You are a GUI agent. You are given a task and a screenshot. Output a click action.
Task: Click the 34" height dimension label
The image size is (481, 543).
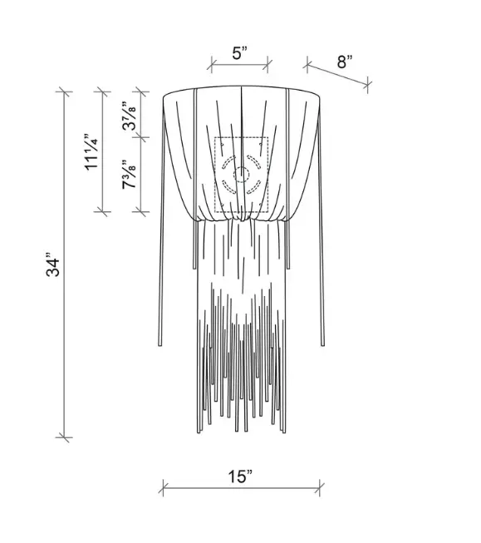(53, 267)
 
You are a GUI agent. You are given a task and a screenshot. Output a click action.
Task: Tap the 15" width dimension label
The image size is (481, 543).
(240, 476)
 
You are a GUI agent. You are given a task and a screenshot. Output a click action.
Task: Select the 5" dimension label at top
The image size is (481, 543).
(240, 53)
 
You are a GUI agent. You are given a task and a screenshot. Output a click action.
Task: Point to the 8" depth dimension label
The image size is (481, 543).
(345, 62)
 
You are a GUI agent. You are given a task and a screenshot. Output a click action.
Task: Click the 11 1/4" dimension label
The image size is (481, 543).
(91, 151)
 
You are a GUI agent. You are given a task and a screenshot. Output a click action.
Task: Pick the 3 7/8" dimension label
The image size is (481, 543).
(129, 116)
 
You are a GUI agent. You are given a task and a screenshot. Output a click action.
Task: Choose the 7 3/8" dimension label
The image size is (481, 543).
(129, 174)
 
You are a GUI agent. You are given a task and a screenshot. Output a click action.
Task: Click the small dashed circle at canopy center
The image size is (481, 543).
(241, 175)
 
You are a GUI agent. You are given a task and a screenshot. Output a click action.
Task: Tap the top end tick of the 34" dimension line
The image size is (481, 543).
(64, 91)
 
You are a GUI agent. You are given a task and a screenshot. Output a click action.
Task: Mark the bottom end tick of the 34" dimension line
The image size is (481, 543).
(64, 437)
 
